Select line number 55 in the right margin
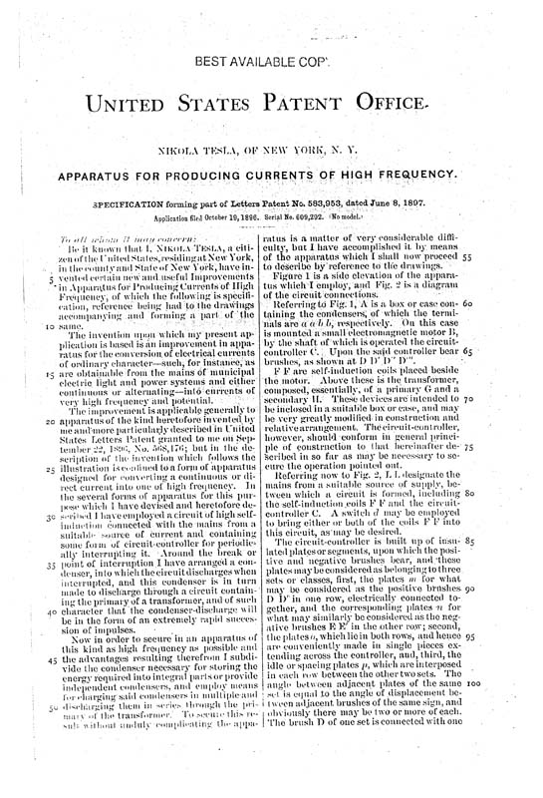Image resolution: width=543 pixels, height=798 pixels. pos(522,256)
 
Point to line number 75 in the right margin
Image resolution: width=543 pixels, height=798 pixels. pos(522,448)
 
